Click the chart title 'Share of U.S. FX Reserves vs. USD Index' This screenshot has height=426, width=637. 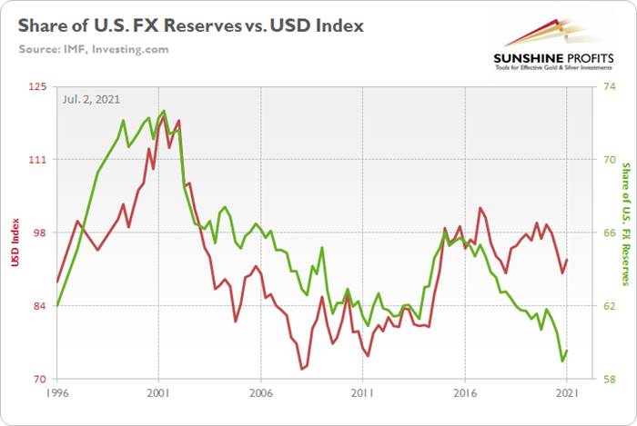(189, 25)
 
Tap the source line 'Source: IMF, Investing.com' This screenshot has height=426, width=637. (93, 49)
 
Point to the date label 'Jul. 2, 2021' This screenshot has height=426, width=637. (90, 98)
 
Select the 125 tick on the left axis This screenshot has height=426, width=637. (39, 86)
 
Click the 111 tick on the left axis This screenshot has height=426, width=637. (39, 160)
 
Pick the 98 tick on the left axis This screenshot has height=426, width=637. (41, 233)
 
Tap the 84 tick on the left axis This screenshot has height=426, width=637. (41, 306)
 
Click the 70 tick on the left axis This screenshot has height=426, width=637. (41, 380)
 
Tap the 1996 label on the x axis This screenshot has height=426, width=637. (57, 394)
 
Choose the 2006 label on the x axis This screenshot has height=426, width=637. (261, 394)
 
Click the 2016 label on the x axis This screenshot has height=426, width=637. (464, 394)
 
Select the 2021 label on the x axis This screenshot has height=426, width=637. (566, 394)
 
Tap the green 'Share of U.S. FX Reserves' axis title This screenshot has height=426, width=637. (625, 224)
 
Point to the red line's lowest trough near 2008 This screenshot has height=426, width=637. (301, 369)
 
